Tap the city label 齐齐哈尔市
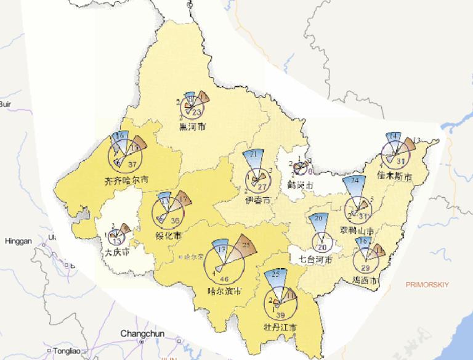pyautogui.click(x=126, y=181)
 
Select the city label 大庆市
pyautogui.click(x=117, y=252)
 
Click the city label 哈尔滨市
pyautogui.click(x=224, y=291)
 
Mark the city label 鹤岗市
pyautogui.click(x=301, y=184)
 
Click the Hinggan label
pyautogui.click(x=18, y=241)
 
